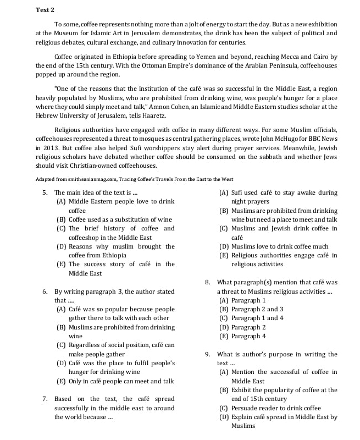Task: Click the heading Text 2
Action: [x=45, y=10]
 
